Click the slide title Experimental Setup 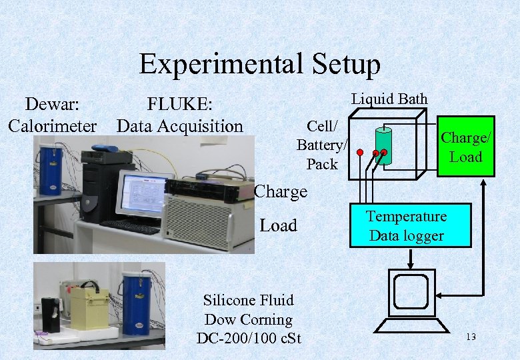tap(259, 65)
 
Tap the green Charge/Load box tap(466, 147)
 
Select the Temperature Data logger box tap(406, 226)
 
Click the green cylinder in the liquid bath tap(383, 141)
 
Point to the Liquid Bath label tap(389, 99)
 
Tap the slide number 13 tap(471, 337)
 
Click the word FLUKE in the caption tap(179, 105)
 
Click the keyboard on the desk tap(130, 227)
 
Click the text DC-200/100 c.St tap(249, 339)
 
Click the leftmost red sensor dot tap(359, 153)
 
